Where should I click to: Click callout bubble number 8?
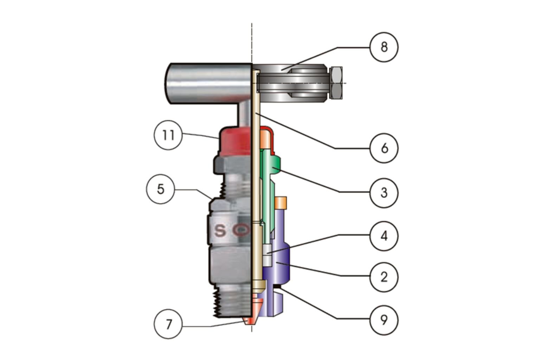click(384, 47)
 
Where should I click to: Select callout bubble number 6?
click(384, 148)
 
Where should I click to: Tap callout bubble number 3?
click(384, 193)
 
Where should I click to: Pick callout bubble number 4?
click(384, 236)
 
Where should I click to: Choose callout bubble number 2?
click(384, 277)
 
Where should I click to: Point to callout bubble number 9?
click(384, 320)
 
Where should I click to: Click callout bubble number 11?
click(168, 135)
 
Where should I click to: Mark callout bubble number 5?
click(160, 189)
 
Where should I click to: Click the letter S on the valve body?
click(220, 231)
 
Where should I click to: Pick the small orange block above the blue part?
click(281, 202)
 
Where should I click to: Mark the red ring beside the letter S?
click(242, 230)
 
